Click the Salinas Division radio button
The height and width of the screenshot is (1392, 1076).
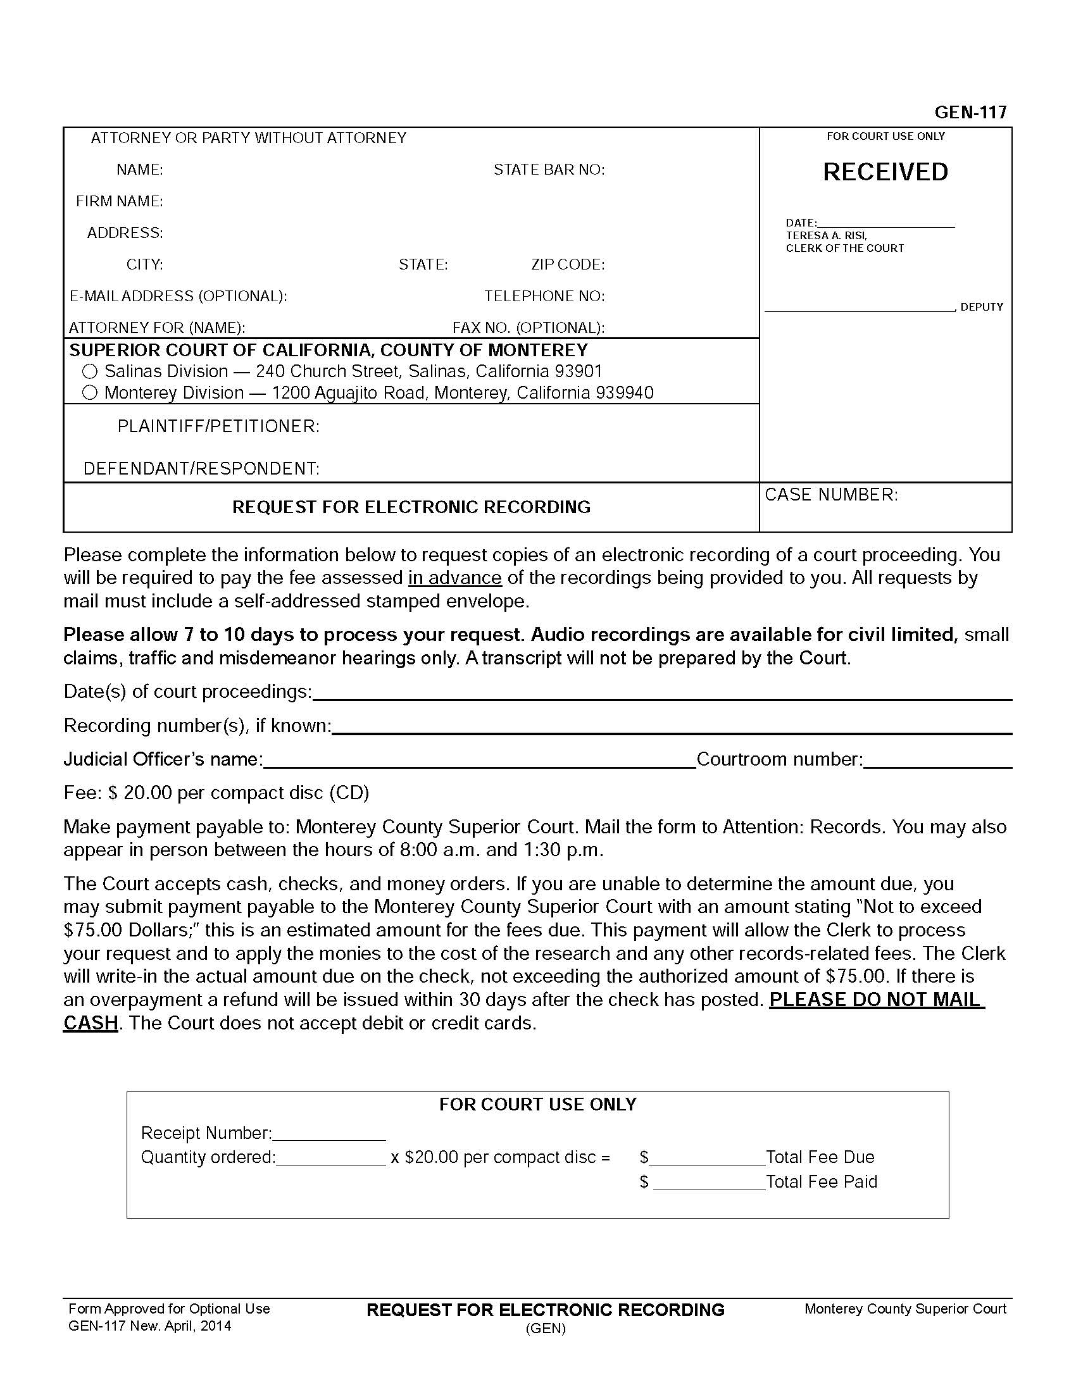(90, 371)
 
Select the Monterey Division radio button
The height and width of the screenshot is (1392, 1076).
(90, 393)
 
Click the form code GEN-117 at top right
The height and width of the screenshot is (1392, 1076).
(970, 112)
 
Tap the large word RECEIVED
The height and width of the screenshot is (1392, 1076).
(885, 172)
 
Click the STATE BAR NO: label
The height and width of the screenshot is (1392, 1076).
(549, 170)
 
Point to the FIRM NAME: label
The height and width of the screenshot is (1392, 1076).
(119, 201)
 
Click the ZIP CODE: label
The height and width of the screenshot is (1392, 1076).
(568, 264)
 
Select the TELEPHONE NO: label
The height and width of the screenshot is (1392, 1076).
(544, 296)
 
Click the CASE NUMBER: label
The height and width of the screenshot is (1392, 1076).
(831, 495)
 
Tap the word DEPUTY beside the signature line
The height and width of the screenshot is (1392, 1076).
(982, 308)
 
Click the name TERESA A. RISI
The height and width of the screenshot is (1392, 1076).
(826, 236)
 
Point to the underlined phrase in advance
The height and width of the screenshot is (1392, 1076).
(454, 578)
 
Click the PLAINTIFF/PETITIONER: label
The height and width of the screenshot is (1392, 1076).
(218, 426)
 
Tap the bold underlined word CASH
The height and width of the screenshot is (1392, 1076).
(91, 1023)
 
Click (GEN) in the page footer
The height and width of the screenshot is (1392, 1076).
(546, 1329)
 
